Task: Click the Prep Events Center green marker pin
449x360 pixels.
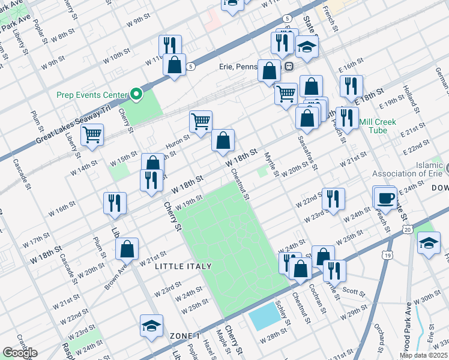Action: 136,95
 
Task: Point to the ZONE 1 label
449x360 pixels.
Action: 184,335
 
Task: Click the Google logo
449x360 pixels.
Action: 19,352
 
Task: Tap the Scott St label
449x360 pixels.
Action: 354,292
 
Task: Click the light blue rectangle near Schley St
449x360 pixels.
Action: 264,317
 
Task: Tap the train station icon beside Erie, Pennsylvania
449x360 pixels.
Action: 289,66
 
